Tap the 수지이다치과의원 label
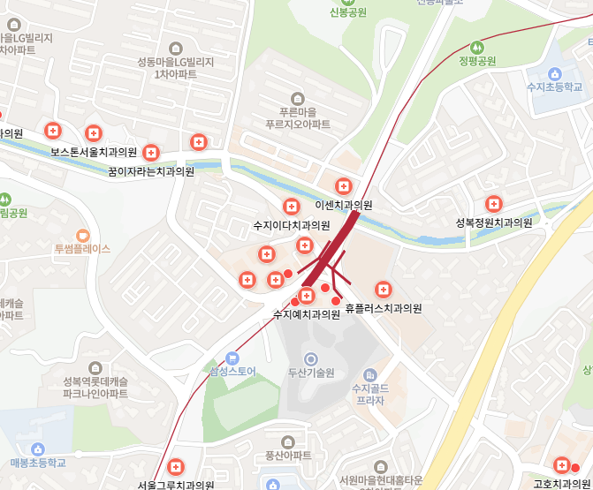point(292,225)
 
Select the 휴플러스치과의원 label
point(383,309)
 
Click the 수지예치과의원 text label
point(306,313)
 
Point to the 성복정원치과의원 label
point(494,222)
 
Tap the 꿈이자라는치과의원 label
point(151,171)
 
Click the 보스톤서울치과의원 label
point(93,152)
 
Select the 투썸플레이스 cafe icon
point(83,235)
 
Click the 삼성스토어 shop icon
point(232,358)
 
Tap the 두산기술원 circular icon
point(310,359)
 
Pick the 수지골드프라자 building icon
point(369,374)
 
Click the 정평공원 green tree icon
point(477,47)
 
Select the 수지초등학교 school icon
point(554,74)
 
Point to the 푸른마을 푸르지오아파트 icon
point(297,98)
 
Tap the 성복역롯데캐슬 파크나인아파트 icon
point(95,367)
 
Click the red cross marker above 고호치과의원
point(560,465)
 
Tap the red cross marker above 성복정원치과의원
point(494,204)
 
